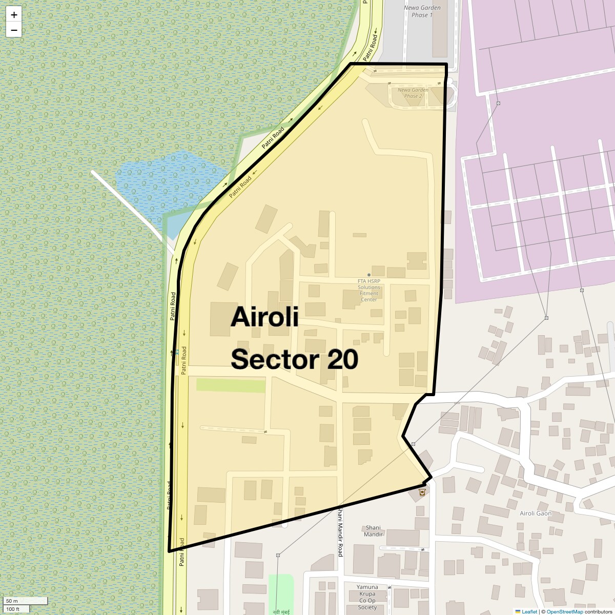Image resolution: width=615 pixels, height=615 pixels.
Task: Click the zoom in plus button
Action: click(14, 15)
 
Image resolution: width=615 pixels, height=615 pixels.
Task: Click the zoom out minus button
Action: click(14, 30)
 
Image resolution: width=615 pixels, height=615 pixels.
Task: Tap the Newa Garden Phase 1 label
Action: click(422, 11)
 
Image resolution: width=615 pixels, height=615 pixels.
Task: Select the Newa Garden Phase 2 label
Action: click(413, 93)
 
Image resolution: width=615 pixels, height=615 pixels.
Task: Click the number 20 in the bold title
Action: click(342, 360)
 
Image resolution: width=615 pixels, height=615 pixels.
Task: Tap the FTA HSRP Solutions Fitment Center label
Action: click(368, 290)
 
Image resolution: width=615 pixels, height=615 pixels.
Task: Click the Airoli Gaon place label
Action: click(536, 513)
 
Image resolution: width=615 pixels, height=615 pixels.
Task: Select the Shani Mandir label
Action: click(373, 530)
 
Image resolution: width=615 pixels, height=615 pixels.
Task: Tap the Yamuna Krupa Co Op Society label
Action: click(367, 597)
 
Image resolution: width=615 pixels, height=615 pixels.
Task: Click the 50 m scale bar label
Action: click(12, 601)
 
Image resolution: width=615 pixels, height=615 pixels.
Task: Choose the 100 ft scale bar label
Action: click(13, 609)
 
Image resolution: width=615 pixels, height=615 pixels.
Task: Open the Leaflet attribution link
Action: click(529, 611)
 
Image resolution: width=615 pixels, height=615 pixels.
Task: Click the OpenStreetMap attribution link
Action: click(564, 611)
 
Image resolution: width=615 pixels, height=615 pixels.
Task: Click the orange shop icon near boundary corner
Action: click(422, 492)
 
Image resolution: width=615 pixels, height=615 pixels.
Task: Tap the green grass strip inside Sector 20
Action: click(231, 385)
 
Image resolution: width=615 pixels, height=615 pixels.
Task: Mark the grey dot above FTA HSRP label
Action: click(368, 275)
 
